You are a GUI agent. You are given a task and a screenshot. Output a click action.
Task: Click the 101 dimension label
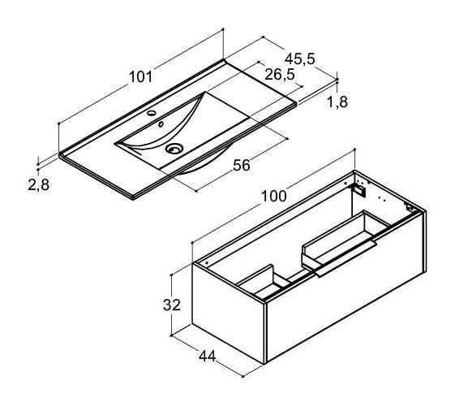140,77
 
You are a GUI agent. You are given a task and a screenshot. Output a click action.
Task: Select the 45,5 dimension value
299,58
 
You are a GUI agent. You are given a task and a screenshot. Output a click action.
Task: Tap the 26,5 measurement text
280,75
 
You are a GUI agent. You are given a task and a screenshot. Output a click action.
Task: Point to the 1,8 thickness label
337,102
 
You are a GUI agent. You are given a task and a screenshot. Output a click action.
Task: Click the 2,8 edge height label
38,184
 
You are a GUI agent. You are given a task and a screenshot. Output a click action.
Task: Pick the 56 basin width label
242,166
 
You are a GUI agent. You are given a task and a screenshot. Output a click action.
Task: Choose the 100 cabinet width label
273,196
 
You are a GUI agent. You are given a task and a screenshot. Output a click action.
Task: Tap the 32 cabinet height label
172,305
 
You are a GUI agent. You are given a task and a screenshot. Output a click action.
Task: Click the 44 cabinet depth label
207,356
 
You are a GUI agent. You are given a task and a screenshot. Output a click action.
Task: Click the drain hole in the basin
174,149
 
